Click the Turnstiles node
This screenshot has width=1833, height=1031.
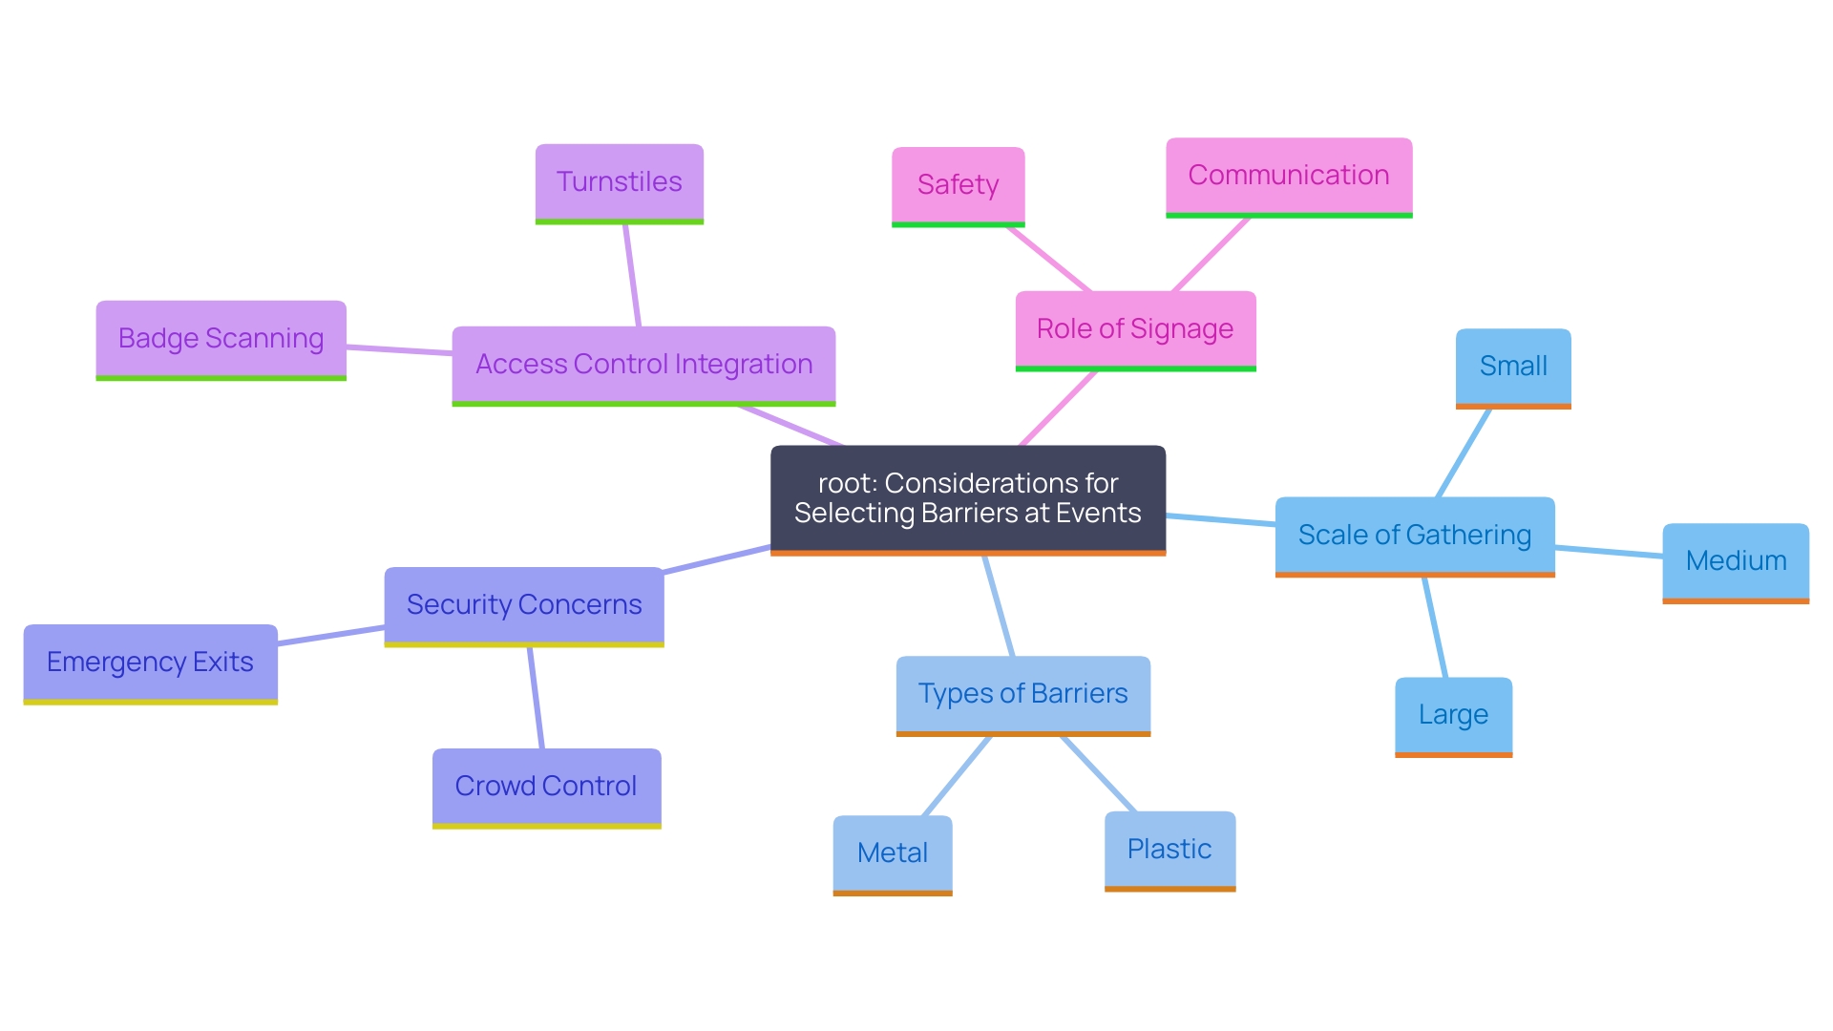coord(619,182)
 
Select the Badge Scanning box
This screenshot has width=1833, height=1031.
coord(221,339)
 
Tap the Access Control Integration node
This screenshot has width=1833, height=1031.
coord(643,365)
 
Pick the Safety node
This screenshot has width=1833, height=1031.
coord(958,185)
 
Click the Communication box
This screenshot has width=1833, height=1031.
coord(1288,176)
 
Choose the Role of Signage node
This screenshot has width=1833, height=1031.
coord(1135,329)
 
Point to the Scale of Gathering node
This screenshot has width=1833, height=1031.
coord(1414,536)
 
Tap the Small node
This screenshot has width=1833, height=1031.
coord(1513,367)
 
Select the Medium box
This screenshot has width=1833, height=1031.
coord(1735,561)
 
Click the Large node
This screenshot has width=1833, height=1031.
coord(1453,715)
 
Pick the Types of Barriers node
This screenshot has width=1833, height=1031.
coord(1022,694)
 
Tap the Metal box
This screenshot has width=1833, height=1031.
coord(892,853)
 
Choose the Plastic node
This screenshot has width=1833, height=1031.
coord(1169,850)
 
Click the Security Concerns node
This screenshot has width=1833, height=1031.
coord(523,605)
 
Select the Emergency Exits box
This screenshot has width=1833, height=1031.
coord(150,663)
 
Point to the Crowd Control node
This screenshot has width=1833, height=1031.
coord(545,787)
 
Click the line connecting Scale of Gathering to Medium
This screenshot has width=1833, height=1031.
coord(1609,551)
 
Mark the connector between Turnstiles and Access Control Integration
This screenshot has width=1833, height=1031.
coord(632,275)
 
